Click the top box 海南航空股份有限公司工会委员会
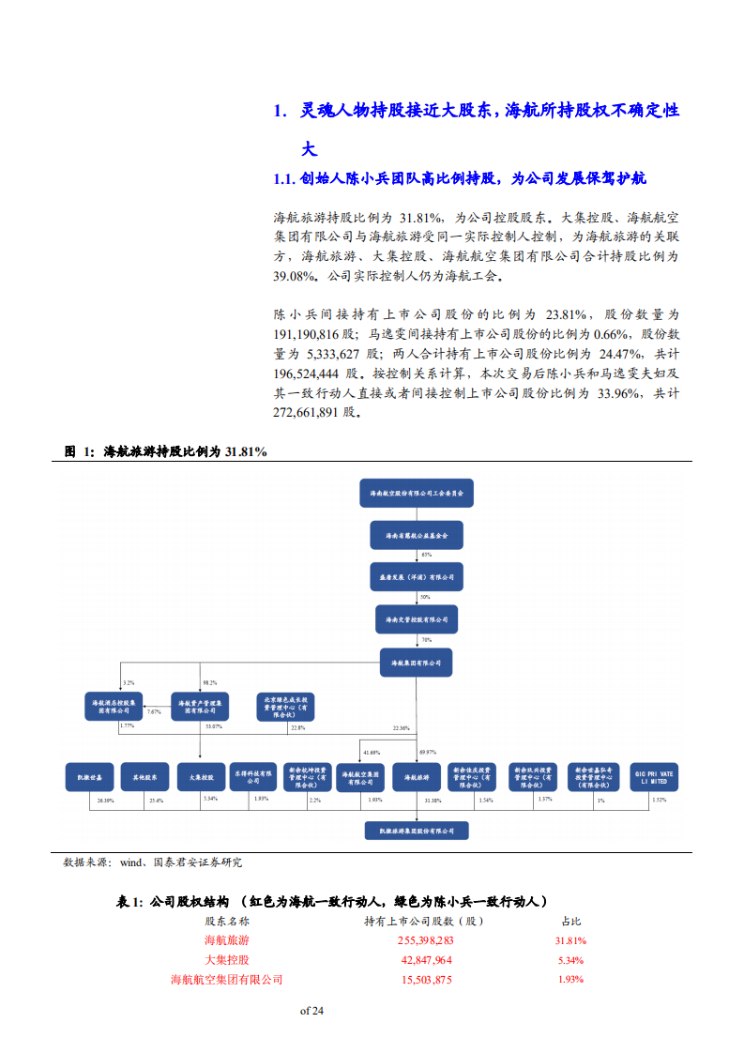(x=417, y=492)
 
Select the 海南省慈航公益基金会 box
(x=417, y=536)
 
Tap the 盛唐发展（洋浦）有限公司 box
(x=417, y=576)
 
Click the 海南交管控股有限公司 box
(x=417, y=619)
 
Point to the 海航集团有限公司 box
(x=417, y=662)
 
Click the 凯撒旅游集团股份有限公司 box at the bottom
(x=417, y=831)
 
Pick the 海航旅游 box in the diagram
(x=417, y=776)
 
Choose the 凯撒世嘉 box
(x=90, y=776)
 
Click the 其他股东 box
(x=144, y=776)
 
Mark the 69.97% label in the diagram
(x=429, y=752)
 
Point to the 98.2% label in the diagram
(x=210, y=683)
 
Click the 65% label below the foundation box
(x=427, y=556)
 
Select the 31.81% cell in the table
(x=569, y=940)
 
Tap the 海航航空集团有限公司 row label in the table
(x=226, y=980)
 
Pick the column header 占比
(x=570, y=922)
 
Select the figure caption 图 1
(x=79, y=451)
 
